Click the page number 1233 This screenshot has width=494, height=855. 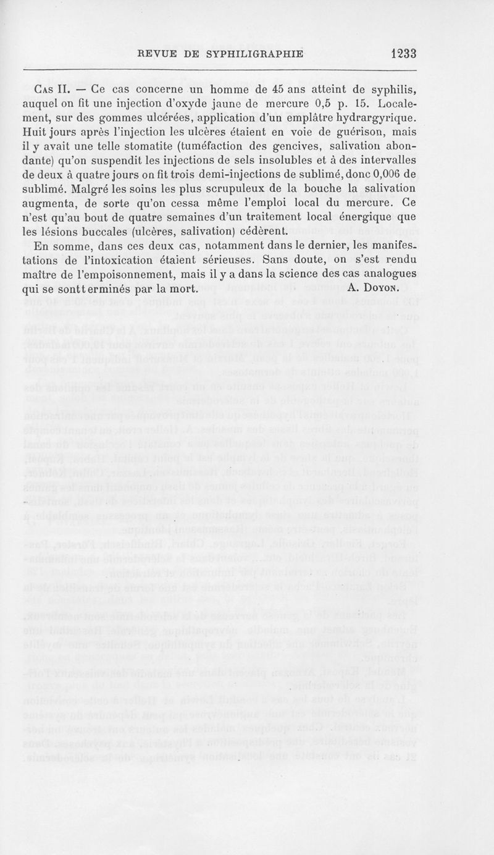coord(404,54)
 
